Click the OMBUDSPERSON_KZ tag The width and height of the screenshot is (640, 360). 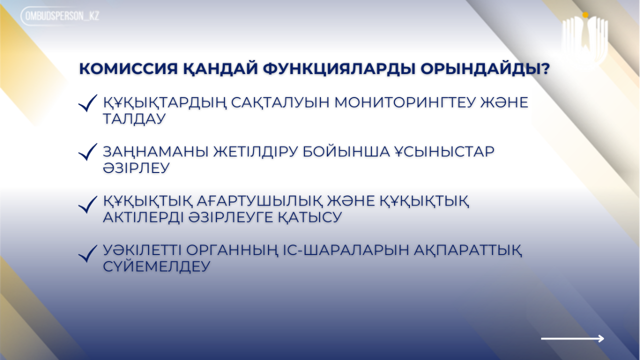60,16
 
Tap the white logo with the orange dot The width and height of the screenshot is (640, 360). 584,38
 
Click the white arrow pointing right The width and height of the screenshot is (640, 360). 572,338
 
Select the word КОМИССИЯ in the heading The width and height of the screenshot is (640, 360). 128,69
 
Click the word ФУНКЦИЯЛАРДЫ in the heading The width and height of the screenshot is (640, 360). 339,69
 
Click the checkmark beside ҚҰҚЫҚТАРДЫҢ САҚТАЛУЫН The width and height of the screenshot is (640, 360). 87,103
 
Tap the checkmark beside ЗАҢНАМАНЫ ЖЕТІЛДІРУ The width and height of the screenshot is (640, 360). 87,151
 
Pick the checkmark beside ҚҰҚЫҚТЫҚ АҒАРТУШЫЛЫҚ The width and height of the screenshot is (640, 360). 87,204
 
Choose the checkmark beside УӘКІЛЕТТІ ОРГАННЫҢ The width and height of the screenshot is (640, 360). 87,253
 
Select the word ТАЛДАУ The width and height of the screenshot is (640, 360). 134,119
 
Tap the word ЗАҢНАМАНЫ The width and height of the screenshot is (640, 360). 155,151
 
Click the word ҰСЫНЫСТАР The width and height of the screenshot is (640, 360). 444,151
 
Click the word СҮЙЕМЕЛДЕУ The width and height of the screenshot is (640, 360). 156,266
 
